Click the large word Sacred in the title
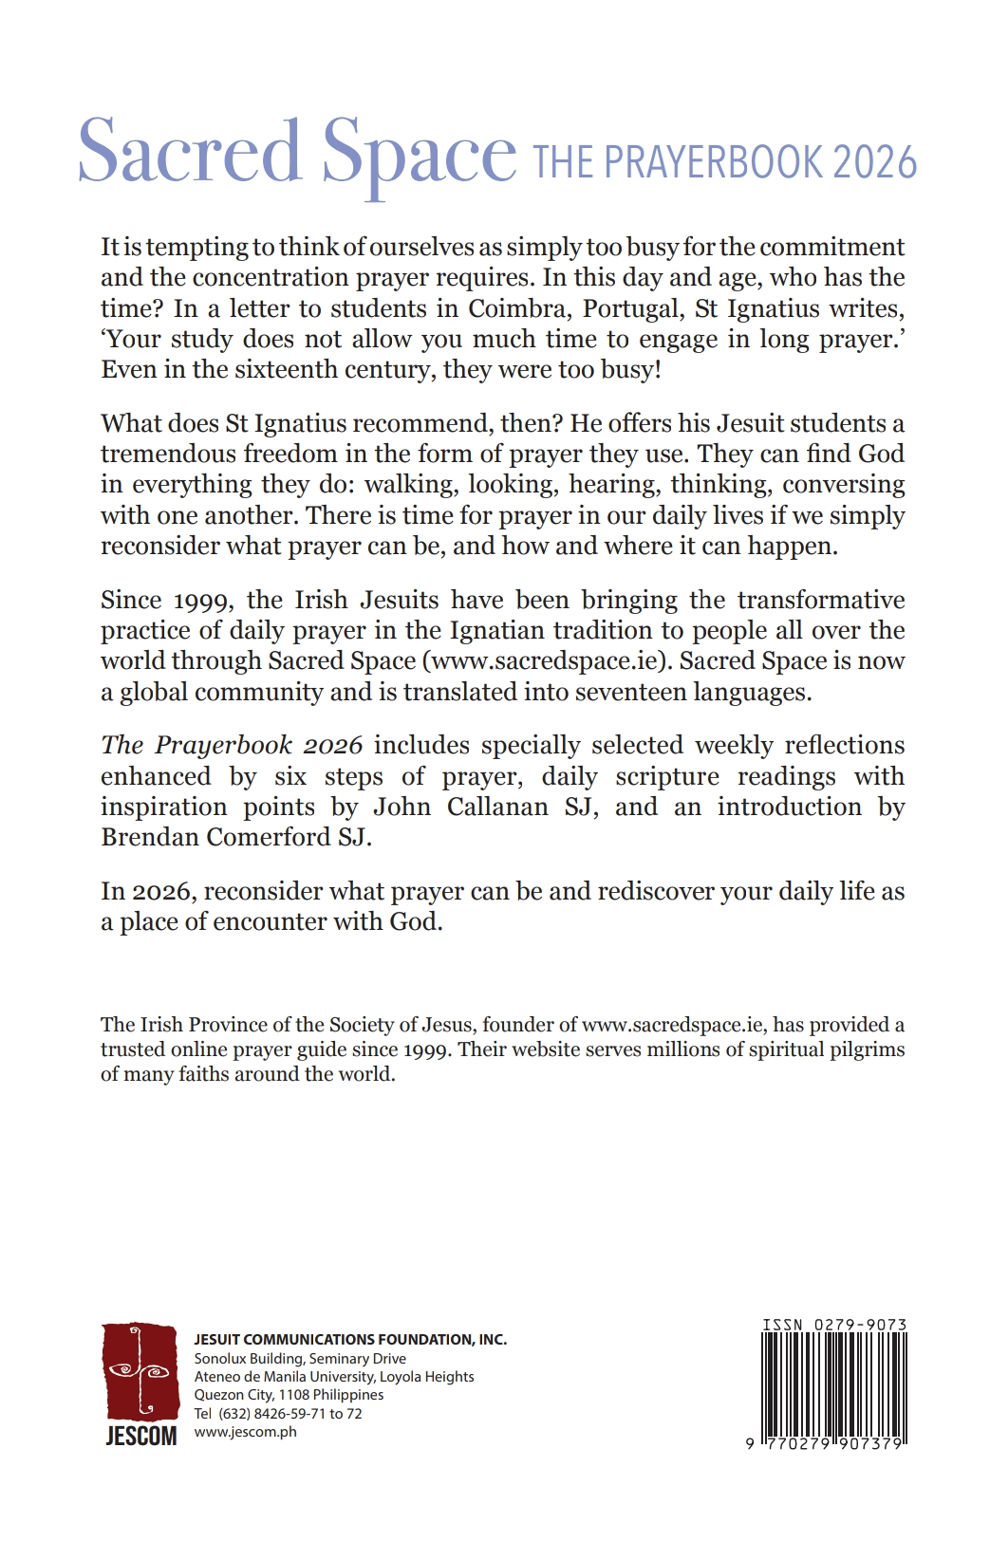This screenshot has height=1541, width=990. (189, 152)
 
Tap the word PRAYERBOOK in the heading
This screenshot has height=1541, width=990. (712, 163)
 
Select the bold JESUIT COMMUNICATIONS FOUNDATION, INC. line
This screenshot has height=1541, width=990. (350, 1340)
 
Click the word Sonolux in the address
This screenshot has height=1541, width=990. (220, 1359)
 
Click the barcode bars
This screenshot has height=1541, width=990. (833, 1385)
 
